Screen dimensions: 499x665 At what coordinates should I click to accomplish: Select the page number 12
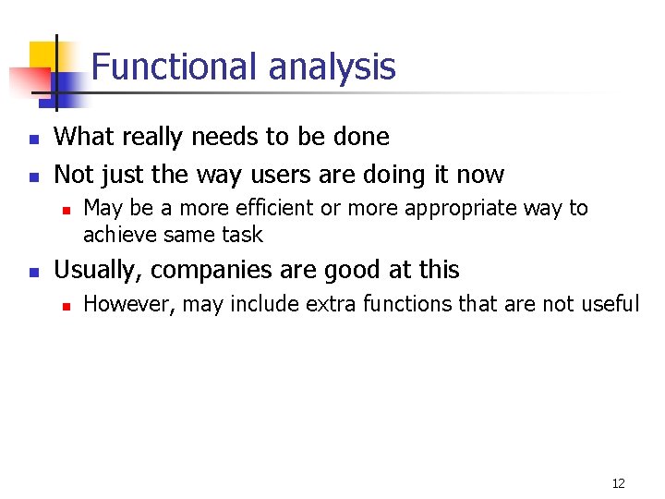point(618,483)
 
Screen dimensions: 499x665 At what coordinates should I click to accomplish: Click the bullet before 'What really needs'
point(32,140)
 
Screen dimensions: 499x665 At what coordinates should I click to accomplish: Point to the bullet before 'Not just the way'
point(32,176)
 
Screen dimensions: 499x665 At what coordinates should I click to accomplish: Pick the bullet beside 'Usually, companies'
point(32,273)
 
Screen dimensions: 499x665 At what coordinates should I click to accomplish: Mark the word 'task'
point(244,235)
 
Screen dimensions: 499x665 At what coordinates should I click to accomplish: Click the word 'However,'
point(128,304)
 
